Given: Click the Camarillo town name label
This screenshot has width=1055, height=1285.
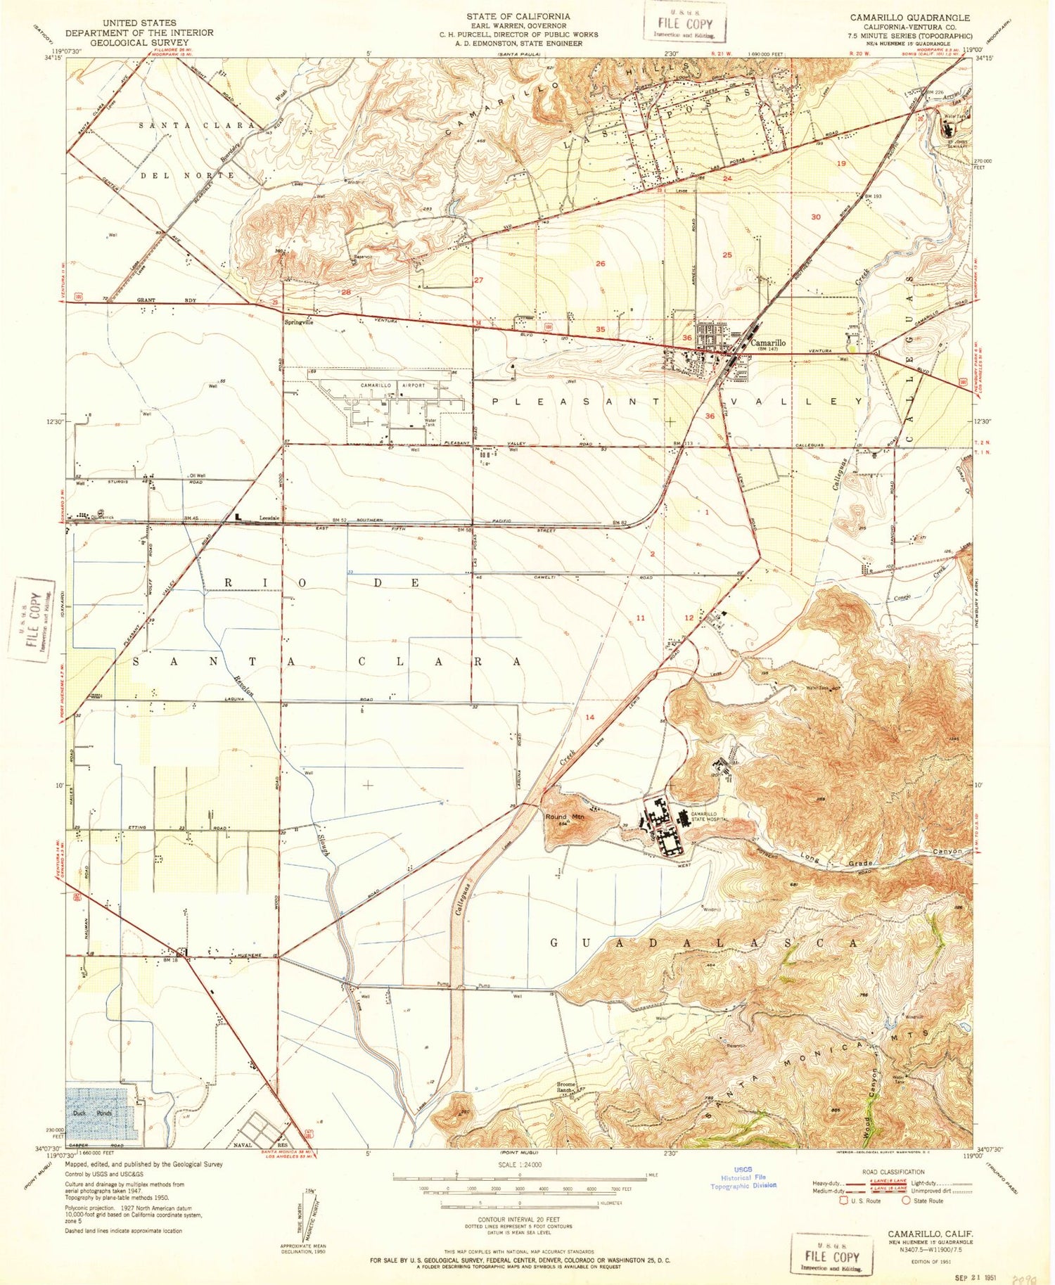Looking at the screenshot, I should pyautogui.click(x=768, y=343).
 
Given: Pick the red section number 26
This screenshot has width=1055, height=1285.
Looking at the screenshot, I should pyautogui.click(x=600, y=264).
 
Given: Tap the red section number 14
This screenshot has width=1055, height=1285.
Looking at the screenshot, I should pyautogui.click(x=590, y=717).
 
